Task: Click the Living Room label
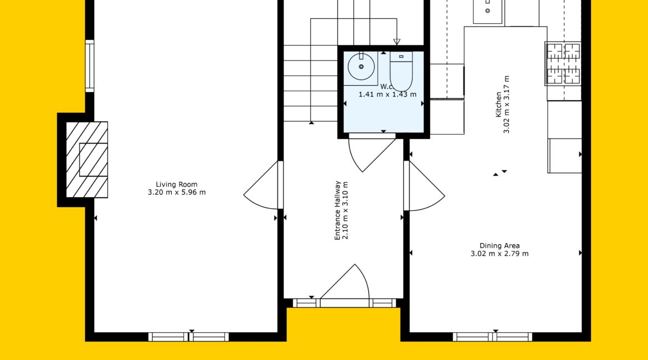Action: (x=177, y=184)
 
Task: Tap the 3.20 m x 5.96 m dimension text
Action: (x=177, y=192)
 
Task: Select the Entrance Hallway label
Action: (x=338, y=210)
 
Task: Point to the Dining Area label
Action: (x=499, y=246)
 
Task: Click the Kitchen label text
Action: (x=498, y=104)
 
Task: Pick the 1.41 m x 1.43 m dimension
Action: (x=387, y=94)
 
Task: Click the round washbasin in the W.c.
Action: (x=361, y=66)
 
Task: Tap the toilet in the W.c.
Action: (x=401, y=71)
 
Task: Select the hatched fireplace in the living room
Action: (x=87, y=160)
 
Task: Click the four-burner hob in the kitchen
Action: (x=563, y=64)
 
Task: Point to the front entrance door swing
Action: (x=345, y=281)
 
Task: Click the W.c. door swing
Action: (x=372, y=153)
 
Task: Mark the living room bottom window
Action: (x=188, y=337)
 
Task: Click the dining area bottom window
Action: (x=492, y=337)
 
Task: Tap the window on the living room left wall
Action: (x=89, y=66)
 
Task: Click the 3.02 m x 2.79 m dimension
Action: (x=499, y=254)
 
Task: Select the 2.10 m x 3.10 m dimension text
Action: (x=346, y=210)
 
